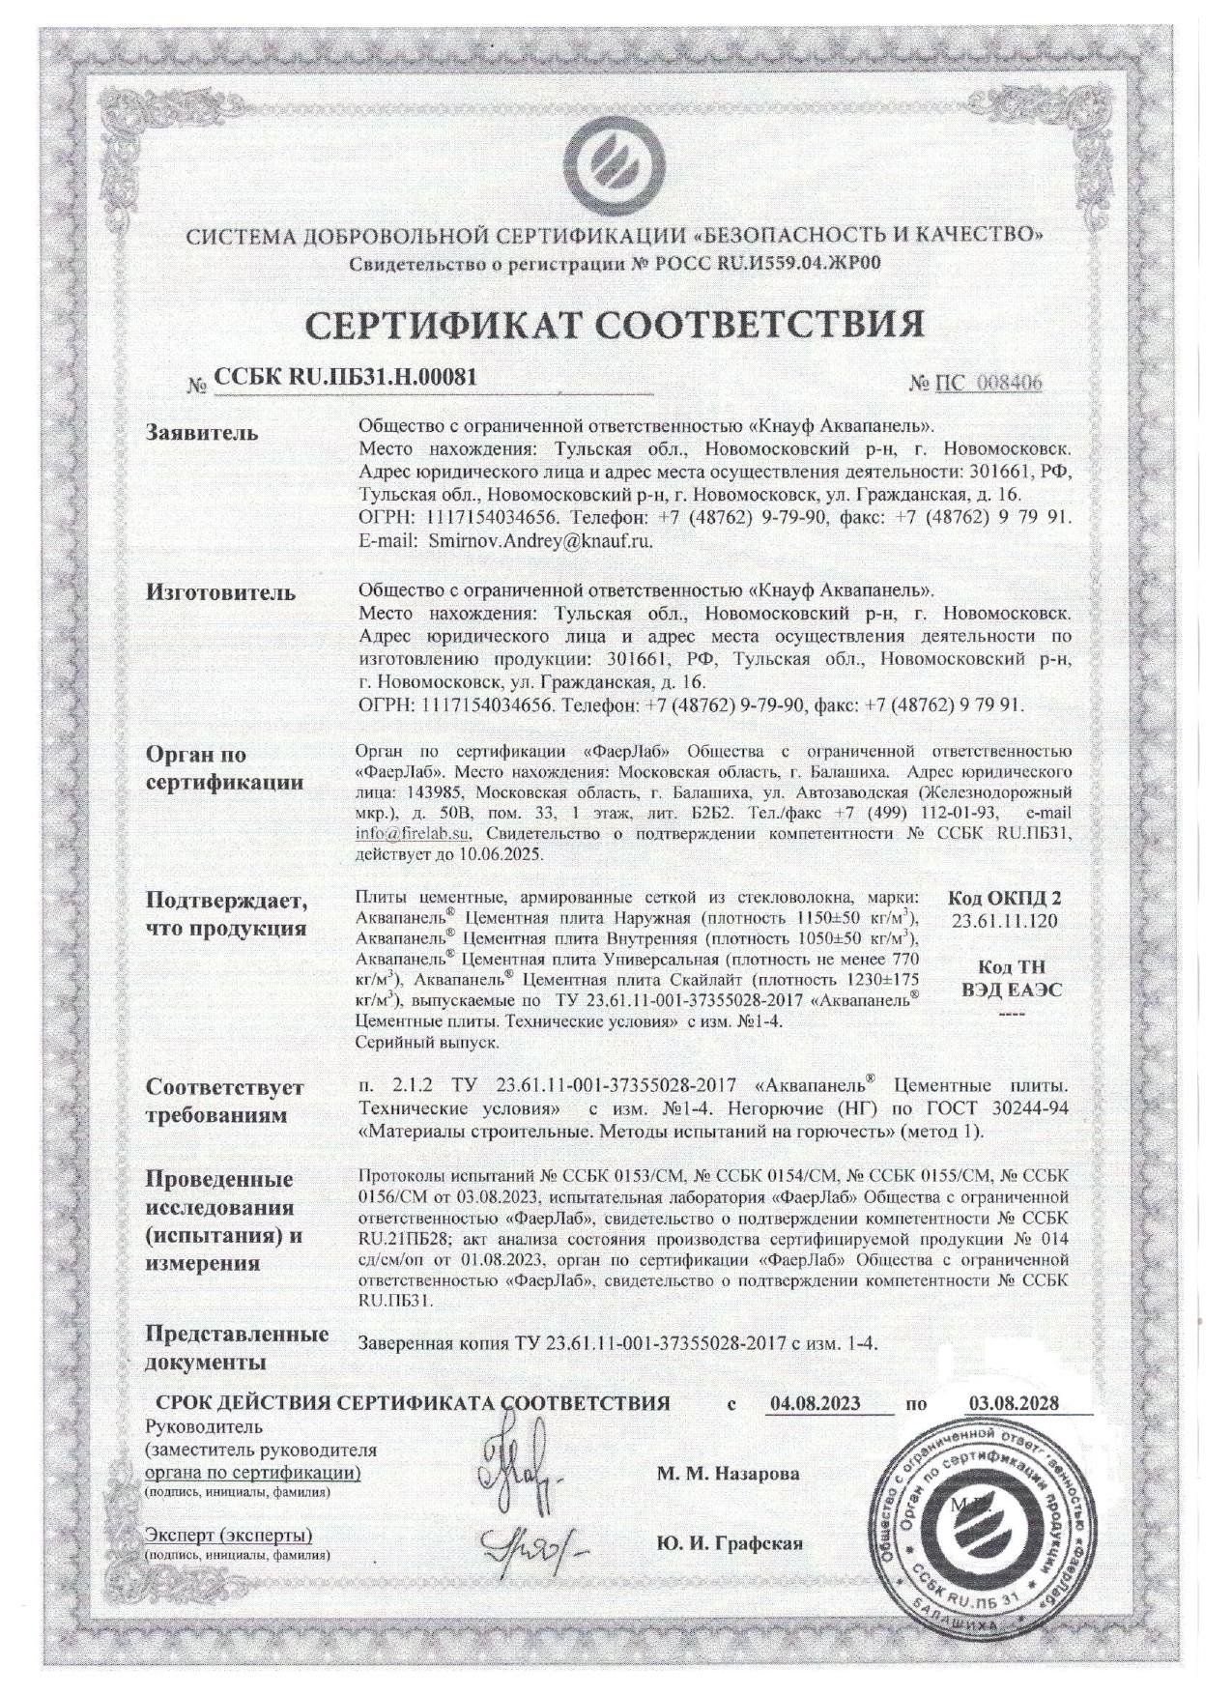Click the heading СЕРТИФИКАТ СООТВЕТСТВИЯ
click(615, 326)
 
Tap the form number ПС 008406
click(988, 383)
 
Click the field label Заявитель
click(202, 432)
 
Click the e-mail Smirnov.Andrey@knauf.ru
click(532, 541)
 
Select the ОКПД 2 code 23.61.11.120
click(1004, 921)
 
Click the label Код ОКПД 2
click(1004, 898)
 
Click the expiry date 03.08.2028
click(1013, 1403)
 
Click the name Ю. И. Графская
click(730, 1542)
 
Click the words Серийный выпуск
click(427, 1043)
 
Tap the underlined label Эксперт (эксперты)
click(228, 1536)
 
